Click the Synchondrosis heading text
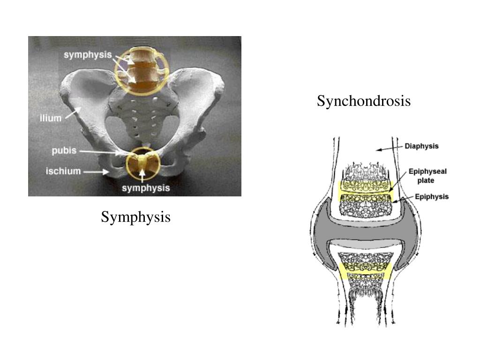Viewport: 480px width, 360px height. tap(363, 101)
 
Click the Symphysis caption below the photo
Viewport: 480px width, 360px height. tap(135, 217)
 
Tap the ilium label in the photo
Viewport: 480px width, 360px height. tap(50, 118)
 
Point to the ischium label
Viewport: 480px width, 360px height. tap(63, 171)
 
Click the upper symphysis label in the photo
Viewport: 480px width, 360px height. tap(88, 54)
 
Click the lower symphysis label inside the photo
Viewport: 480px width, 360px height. tap(146, 188)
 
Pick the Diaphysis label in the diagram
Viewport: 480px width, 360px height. tap(421, 146)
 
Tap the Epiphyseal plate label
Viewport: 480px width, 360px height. tap(427, 176)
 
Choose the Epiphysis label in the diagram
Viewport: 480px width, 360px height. tap(428, 196)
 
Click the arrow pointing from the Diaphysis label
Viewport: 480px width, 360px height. tap(390, 148)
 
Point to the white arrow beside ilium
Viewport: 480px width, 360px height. tap(73, 112)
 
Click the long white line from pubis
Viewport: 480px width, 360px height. tap(104, 152)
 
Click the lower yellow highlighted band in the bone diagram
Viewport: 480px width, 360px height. tap(365, 271)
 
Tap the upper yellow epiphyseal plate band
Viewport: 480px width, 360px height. tap(365, 190)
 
